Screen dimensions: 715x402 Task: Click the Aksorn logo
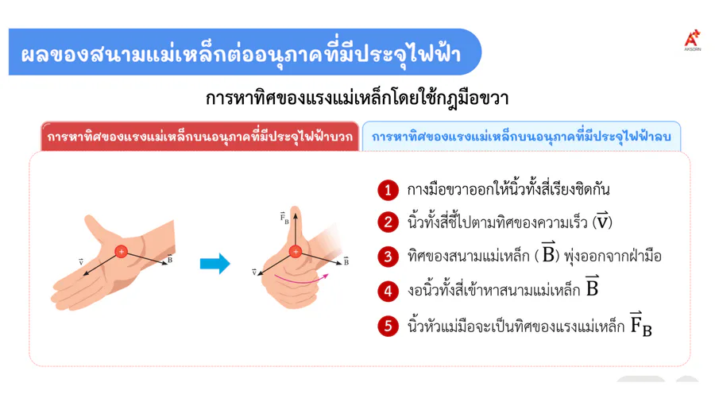tap(692, 40)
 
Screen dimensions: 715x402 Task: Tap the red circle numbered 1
tap(388, 189)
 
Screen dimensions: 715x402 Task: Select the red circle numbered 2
tap(388, 222)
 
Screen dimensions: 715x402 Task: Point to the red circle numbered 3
tap(388, 256)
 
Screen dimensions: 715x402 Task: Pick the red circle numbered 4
tap(388, 291)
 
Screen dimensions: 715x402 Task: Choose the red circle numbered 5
tap(388, 326)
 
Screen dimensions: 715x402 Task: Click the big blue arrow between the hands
tap(214, 264)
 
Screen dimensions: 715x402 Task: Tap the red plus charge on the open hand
tap(122, 252)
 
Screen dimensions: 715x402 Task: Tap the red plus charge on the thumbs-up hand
tap(296, 252)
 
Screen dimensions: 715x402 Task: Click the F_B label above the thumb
tap(284, 218)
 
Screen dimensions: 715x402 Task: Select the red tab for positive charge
tap(199, 137)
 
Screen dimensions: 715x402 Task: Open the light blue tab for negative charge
tap(521, 137)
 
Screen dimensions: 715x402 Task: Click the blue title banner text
tap(241, 54)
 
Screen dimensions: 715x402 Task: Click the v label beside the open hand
tap(81, 262)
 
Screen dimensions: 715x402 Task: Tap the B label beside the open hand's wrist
tap(170, 258)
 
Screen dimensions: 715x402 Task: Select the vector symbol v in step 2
tap(602, 221)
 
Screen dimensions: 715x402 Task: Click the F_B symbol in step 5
tap(641, 323)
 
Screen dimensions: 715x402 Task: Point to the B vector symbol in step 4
tap(592, 287)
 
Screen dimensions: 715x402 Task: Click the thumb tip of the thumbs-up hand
tap(296, 209)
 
